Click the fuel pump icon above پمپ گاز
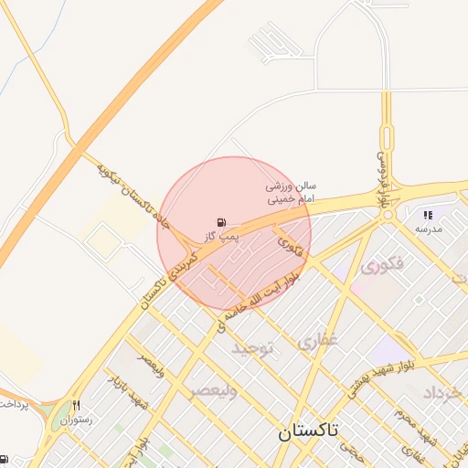[x=221, y=222]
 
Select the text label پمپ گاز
[x=220, y=236]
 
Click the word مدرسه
[x=428, y=229]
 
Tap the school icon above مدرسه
[x=428, y=216]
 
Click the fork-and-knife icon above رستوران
[x=78, y=405]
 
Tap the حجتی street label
[x=349, y=447]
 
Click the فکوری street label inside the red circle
[x=289, y=243]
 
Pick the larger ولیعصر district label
[x=213, y=391]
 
